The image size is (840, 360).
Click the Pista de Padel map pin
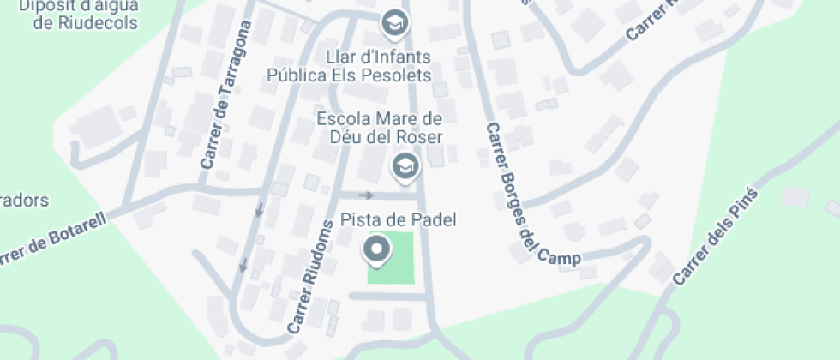pyautogui.click(x=377, y=250)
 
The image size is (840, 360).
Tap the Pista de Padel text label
pyautogui.click(x=399, y=220)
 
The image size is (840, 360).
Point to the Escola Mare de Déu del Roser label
pyautogui.click(x=380, y=128)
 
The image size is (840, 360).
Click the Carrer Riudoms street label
pyautogui.click(x=309, y=278)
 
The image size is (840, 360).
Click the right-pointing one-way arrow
pyautogui.click(x=366, y=195)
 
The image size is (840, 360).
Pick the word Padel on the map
pyautogui.click(x=434, y=220)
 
